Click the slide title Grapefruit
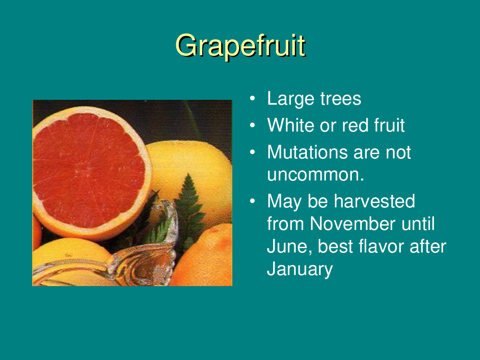[x=240, y=46]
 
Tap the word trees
[x=341, y=99]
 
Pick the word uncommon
[x=316, y=175]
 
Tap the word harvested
[x=374, y=201]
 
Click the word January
[x=300, y=269]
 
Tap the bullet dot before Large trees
[x=252, y=98]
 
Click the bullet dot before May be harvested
[x=252, y=201]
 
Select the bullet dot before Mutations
[x=252, y=152]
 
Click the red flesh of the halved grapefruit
[x=89, y=170]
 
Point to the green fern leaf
[x=190, y=208]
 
